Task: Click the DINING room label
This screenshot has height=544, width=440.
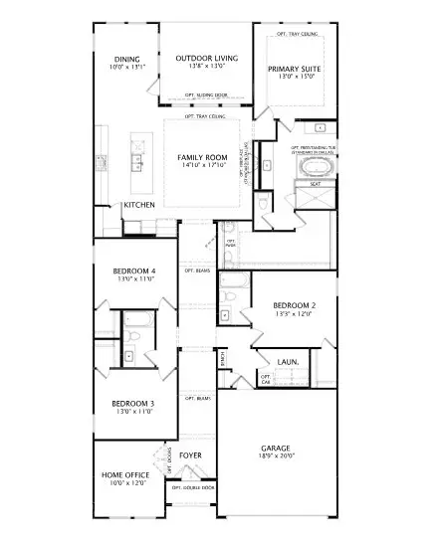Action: click(127, 59)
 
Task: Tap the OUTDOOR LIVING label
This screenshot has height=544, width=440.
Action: click(207, 59)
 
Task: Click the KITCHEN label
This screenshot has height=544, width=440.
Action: click(138, 205)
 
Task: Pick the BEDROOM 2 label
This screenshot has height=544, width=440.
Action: click(294, 304)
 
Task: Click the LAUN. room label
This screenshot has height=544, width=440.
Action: click(289, 362)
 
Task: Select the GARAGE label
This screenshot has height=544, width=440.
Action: click(276, 449)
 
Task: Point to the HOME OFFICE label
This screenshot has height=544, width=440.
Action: click(125, 475)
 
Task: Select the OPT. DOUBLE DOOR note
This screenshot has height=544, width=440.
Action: click(193, 488)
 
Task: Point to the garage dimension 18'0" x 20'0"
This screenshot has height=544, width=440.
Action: click(276, 457)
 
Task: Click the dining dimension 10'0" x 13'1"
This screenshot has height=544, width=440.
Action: click(127, 68)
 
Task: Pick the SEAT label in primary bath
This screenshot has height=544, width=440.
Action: click(315, 184)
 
